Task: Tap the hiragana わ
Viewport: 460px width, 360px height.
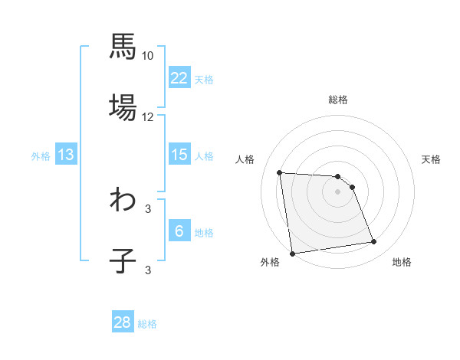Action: [123, 200]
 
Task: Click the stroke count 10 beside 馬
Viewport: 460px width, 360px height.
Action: [147, 56]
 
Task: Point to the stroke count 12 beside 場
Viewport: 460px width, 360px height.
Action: [147, 117]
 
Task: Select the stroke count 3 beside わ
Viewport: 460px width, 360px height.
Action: [147, 208]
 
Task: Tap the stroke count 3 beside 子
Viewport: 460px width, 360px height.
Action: [147, 270]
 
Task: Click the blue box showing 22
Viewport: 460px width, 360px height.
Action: [179, 78]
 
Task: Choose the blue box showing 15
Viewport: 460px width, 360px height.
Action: [179, 155]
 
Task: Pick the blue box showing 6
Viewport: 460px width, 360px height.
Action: [179, 231]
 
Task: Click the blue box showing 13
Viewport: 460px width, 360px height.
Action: [66, 155]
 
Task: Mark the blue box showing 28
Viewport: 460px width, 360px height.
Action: [123, 322]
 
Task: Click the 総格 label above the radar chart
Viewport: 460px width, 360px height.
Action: [338, 100]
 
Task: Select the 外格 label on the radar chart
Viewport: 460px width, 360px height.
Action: [270, 263]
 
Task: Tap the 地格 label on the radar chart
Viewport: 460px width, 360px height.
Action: [402, 263]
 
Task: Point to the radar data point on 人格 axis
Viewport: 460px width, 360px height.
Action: [280, 172]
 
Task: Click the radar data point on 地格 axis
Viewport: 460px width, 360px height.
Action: [374, 242]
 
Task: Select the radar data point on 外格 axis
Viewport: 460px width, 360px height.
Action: [292, 254]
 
